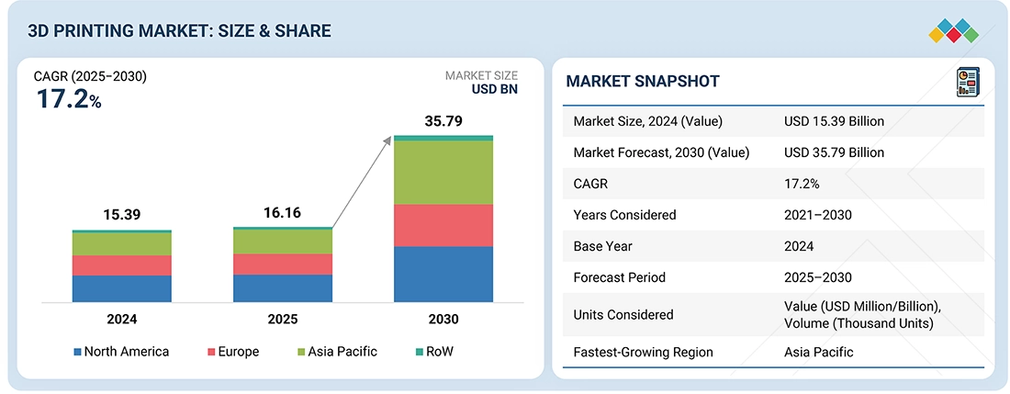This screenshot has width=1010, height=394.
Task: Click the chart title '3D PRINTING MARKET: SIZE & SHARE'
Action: point(179,31)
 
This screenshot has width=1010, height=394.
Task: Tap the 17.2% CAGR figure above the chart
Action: point(69,100)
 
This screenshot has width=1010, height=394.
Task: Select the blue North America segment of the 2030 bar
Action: point(443,274)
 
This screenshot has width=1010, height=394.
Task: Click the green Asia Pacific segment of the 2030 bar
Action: point(443,173)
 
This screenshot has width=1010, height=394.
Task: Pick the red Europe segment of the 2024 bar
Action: point(122,265)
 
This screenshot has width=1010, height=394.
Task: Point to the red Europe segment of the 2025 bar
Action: point(283,265)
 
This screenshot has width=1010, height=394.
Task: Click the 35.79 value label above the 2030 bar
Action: point(443,120)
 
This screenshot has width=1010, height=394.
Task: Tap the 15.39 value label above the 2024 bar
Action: point(122,214)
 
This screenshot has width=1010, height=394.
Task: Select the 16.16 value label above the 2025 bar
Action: point(283,212)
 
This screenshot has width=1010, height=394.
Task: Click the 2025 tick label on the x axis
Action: point(283,320)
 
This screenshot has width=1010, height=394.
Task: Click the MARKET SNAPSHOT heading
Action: point(643,82)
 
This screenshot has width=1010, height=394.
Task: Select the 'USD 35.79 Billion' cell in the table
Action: point(835,152)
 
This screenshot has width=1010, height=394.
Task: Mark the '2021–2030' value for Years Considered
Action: point(818,215)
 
